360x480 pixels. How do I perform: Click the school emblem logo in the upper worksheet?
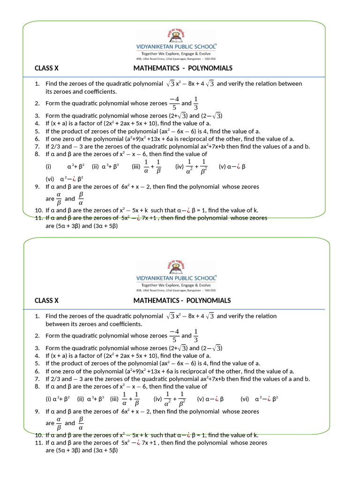[176, 36]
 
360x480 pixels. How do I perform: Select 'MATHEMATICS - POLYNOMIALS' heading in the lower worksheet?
[182, 300]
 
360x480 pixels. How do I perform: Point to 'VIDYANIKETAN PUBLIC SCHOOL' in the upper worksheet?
[176, 47]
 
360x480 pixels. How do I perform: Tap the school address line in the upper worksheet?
[176, 59]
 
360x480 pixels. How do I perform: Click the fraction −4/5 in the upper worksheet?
[174, 103]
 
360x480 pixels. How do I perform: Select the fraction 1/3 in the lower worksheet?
[196, 336]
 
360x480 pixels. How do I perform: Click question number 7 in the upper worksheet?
[37, 146]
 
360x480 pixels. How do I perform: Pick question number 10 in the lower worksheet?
[38, 435]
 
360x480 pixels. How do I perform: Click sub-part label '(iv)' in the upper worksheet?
[179, 166]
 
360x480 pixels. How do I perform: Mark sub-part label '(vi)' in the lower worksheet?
[245, 399]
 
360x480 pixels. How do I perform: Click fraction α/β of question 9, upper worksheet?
[59, 199]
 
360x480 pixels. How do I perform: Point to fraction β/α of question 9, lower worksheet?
[81, 423]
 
